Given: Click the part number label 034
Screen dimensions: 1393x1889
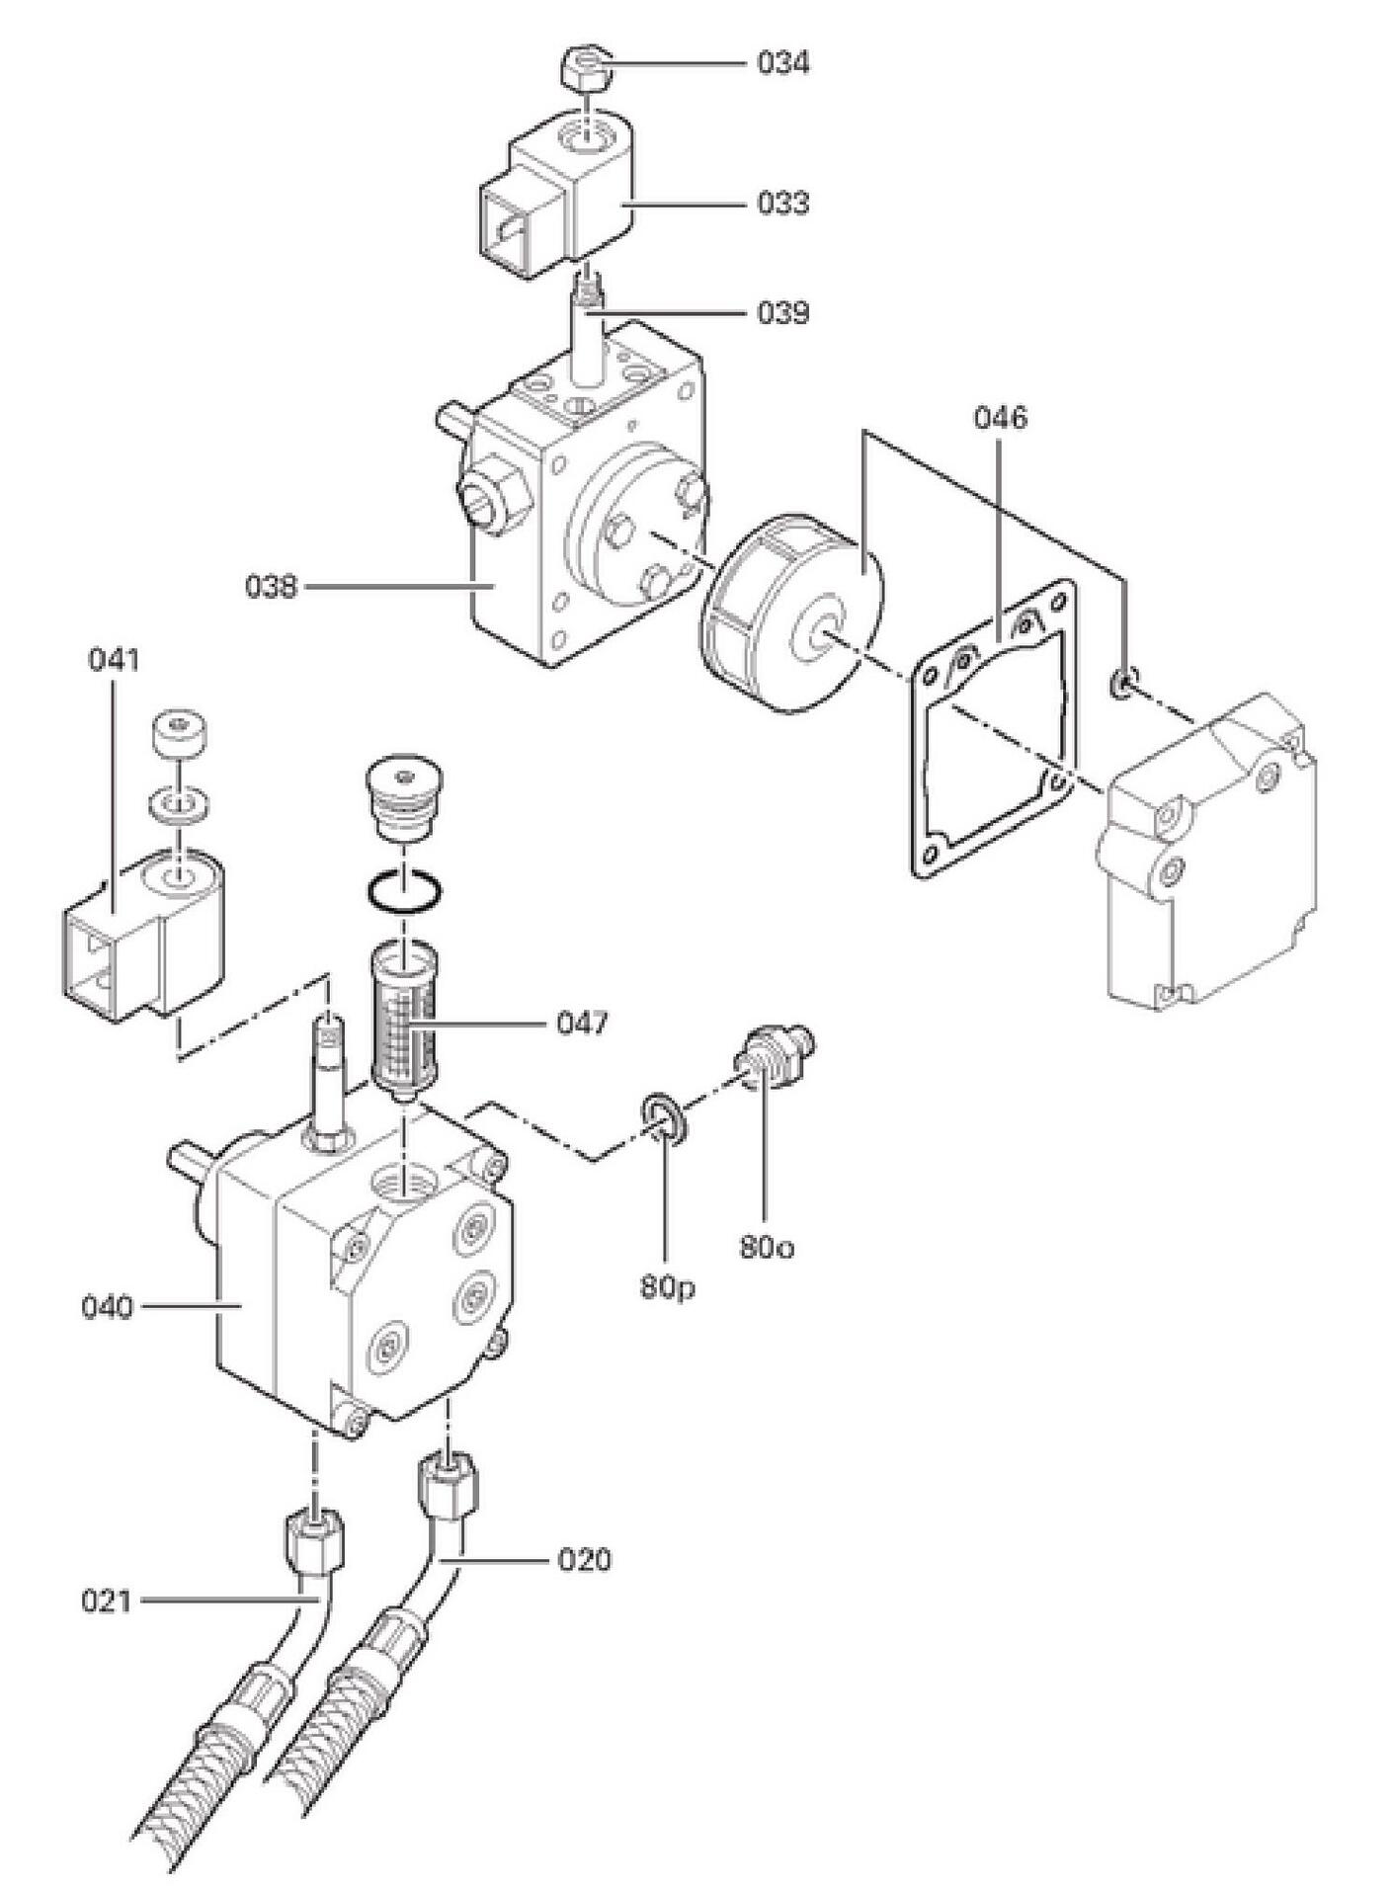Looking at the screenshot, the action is click(783, 63).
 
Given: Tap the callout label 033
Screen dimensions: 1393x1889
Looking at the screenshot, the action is click(783, 204).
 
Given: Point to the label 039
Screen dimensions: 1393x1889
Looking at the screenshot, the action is click(783, 313).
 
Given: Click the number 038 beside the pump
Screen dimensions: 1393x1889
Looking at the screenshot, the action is click(271, 586).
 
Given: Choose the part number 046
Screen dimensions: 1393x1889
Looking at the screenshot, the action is click(1000, 417).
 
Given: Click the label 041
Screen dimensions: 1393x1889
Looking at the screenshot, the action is click(114, 659).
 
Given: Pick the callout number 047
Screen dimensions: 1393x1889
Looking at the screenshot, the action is click(582, 1023).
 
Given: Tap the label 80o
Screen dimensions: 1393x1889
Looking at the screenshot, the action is click(767, 1248).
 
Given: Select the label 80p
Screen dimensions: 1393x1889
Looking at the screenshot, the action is click(667, 1287).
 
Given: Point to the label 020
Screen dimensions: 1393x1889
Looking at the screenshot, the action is click(585, 1560).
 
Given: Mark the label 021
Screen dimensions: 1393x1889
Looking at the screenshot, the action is click(107, 1600).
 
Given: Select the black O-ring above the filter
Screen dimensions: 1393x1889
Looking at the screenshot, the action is click(404, 890).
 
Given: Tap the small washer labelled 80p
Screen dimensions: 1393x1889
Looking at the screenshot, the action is click(660, 1119).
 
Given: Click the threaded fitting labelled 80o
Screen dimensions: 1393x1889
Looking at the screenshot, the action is click(776, 1056).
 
